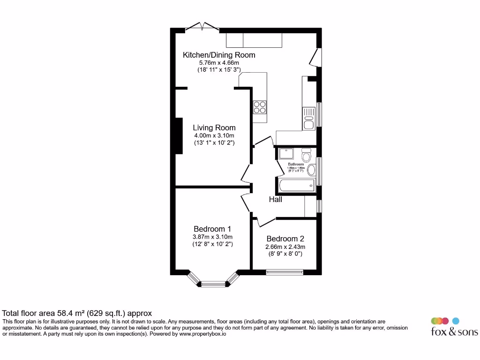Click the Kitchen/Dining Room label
[219, 55]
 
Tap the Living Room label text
[214, 127]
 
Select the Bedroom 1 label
[212, 229]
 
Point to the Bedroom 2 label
[285, 238]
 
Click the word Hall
[276, 200]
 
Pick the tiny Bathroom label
[296, 165]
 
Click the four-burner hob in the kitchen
[260, 108]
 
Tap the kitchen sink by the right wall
[308, 118]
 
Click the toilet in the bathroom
[306, 155]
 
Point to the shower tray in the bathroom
[285, 154]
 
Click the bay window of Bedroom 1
[213, 282]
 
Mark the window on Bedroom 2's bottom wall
[285, 272]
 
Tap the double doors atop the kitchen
[202, 27]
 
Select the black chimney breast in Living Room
[179, 135]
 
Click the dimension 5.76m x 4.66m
[219, 62]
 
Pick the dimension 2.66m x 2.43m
[285, 247]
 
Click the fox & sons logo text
[454, 332]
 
